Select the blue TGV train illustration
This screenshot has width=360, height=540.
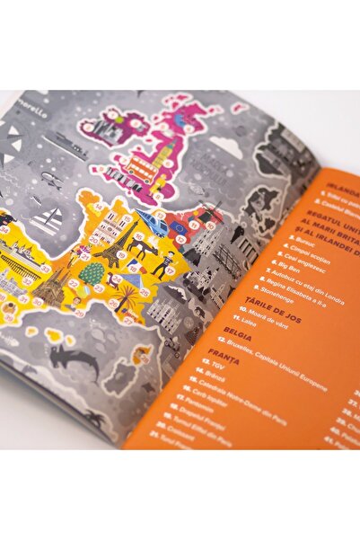[151, 223]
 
